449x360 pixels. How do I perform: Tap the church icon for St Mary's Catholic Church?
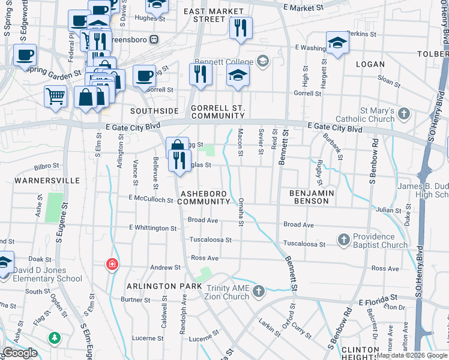[x=405, y=113]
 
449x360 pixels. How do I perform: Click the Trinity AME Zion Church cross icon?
[x=259, y=291]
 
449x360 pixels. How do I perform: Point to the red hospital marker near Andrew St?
[x=112, y=264]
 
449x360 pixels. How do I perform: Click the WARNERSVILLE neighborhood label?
[x=39, y=180]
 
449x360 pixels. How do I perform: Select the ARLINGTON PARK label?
[x=164, y=286]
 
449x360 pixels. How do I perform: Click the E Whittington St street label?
[x=153, y=228]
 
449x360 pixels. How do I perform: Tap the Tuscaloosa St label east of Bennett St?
[x=304, y=244]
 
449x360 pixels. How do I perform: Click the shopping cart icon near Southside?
[x=55, y=95]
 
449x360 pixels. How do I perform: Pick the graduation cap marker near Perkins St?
[x=338, y=43]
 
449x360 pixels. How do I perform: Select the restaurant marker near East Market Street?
[x=241, y=28]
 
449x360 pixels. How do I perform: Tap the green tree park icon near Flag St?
[x=55, y=338]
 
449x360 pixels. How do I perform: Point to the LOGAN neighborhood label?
[x=370, y=64]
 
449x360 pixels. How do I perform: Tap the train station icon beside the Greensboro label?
[x=154, y=39]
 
